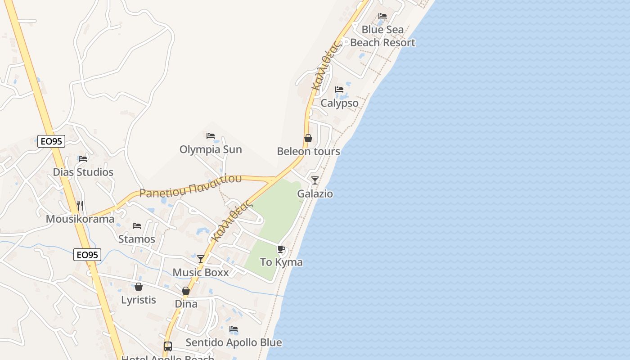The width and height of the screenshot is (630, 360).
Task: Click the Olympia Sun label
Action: click(211, 149)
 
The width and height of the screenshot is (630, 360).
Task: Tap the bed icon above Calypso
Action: click(339, 90)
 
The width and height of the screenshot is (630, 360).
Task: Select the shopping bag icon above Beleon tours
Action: click(308, 138)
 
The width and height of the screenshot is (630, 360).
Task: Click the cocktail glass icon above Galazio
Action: click(315, 180)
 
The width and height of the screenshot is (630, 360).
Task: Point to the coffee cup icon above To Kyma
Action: click(281, 249)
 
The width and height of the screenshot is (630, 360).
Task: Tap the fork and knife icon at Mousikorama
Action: click(80, 206)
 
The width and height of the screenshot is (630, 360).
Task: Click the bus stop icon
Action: click(168, 346)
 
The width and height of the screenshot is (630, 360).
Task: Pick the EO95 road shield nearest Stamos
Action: click(87, 255)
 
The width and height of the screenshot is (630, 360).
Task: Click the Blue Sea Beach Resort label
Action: click(382, 36)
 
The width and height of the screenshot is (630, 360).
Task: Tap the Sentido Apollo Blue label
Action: click(234, 342)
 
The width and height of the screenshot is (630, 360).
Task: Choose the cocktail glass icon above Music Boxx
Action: click(201, 259)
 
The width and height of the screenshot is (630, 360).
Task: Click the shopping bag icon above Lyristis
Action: click(139, 287)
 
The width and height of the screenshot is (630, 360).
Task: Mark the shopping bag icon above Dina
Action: click(186, 291)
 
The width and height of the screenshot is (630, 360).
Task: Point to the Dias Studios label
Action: click(83, 172)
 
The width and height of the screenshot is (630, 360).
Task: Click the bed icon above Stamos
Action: click(137, 225)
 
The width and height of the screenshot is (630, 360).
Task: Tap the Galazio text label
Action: click(315, 194)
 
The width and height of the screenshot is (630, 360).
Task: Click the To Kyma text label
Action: click(281, 262)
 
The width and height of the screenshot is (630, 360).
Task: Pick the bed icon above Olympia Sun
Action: click(211, 136)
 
